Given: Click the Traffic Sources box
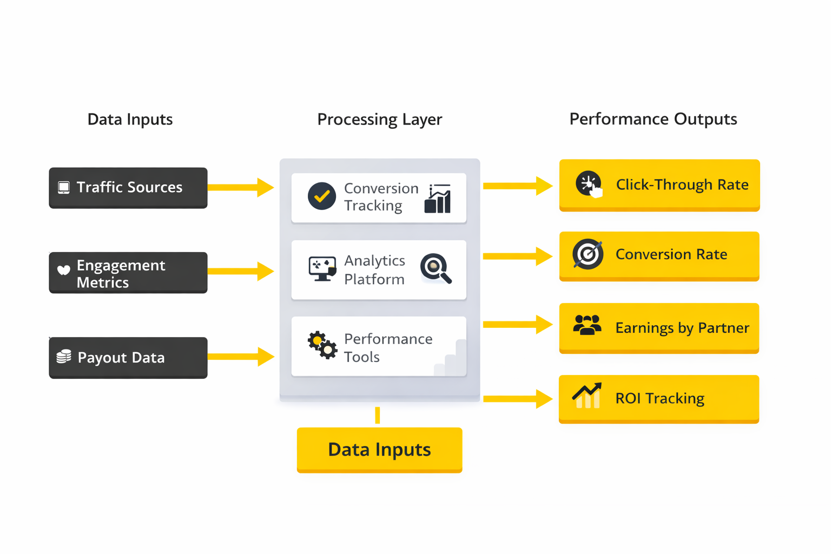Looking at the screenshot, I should point(128,188).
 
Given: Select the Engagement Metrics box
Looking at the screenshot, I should point(128,273).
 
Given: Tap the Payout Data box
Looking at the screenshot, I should point(128,358).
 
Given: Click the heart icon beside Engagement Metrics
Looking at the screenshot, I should point(64,270).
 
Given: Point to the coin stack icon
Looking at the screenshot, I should point(64,357).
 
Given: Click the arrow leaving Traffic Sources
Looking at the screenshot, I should point(241,187).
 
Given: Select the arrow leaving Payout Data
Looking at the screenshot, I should point(241,357).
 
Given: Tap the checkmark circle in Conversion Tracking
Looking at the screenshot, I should point(322,196).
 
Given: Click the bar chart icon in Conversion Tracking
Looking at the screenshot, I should point(438,199).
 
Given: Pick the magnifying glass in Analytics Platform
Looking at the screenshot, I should point(436,268).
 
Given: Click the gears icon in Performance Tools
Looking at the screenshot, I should point(322,345).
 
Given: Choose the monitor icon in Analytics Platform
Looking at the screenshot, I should point(322,268).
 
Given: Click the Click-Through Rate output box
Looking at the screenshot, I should point(659,185).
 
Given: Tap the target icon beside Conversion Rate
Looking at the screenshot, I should point(588,254).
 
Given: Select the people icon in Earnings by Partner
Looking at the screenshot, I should point(587,326).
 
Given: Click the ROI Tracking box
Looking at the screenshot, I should point(659,399).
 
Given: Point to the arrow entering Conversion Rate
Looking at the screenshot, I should point(517,256).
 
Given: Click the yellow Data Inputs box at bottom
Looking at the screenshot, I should point(379,450).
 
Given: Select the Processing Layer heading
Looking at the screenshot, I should point(379,119).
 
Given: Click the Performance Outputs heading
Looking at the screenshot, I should point(653,119).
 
